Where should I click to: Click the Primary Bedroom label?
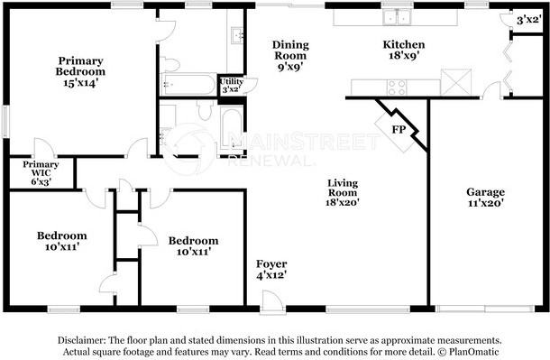(x=80, y=71)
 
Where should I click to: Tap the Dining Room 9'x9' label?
(x=290, y=55)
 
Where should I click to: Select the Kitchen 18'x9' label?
(x=404, y=50)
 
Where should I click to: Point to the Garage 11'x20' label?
(x=485, y=197)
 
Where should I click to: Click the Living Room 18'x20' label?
(x=343, y=192)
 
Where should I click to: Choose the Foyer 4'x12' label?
(x=271, y=270)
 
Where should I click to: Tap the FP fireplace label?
(x=399, y=130)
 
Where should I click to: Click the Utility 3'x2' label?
(x=231, y=85)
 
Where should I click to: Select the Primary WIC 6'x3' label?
(x=41, y=172)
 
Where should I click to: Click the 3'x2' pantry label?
(x=527, y=20)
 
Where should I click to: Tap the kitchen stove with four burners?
(x=397, y=88)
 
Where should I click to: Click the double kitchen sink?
(x=397, y=17)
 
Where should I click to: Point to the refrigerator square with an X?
(x=456, y=82)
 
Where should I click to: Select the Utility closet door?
(x=251, y=85)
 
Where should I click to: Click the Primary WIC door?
(x=44, y=148)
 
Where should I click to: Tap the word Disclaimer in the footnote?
(x=80, y=340)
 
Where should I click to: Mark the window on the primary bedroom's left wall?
(x=5, y=122)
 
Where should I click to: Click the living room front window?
(x=368, y=309)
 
